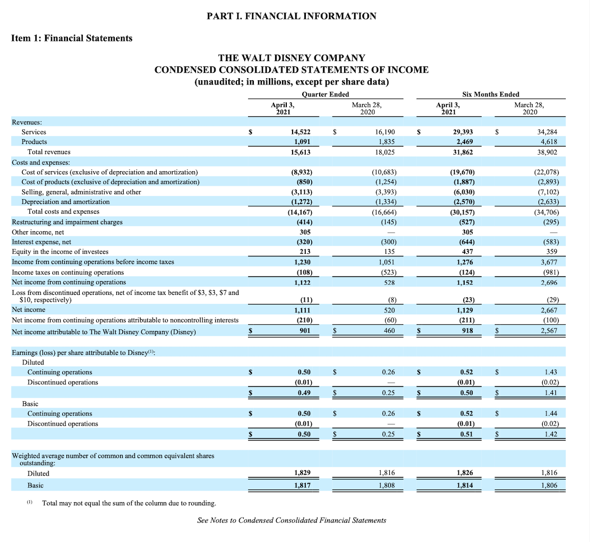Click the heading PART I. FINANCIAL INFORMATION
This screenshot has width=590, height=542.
coord(292,16)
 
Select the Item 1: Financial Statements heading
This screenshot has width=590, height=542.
coord(72,38)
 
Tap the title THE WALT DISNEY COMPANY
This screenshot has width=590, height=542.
coord(292,58)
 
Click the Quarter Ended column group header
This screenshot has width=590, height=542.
coord(325,94)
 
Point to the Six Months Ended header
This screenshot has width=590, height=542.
coord(491,94)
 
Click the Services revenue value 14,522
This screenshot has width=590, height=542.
coord(301,132)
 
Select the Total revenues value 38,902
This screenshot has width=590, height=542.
coord(548,152)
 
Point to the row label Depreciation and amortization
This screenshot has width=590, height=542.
coord(65,202)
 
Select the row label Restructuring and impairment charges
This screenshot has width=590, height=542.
coord(67,222)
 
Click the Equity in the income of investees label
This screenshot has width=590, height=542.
coord(60,252)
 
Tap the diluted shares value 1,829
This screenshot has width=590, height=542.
coord(302,473)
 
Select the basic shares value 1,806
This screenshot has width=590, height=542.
coord(549,485)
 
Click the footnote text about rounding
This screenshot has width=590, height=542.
coord(129,503)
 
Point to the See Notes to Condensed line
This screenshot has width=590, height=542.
coord(292,520)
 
